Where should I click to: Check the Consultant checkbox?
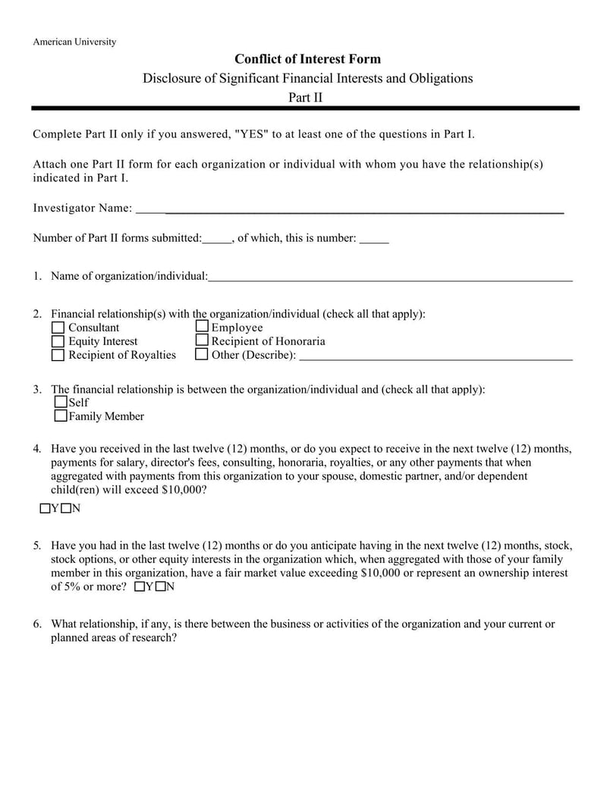click(x=58, y=328)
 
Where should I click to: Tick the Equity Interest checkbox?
click(x=58, y=341)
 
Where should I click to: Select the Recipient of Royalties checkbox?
click(x=58, y=355)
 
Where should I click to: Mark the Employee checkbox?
click(x=202, y=327)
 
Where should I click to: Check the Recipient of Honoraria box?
click(x=202, y=341)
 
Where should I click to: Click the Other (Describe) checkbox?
click(x=202, y=354)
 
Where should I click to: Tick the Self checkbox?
click(x=61, y=402)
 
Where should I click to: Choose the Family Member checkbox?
click(x=61, y=416)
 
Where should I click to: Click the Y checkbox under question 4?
click(x=45, y=508)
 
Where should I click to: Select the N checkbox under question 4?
click(x=66, y=508)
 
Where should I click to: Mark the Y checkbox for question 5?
click(x=139, y=587)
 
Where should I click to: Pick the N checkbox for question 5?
click(x=160, y=587)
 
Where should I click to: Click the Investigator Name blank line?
click(x=350, y=210)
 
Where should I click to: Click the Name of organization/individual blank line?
click(x=390, y=278)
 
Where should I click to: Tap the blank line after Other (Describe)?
click(x=436, y=357)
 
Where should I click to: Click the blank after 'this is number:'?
click(x=374, y=240)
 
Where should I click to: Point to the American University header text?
click(x=74, y=42)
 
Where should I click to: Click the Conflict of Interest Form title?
click(x=307, y=59)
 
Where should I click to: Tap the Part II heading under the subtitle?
click(x=306, y=97)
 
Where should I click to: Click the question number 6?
click(x=36, y=624)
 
